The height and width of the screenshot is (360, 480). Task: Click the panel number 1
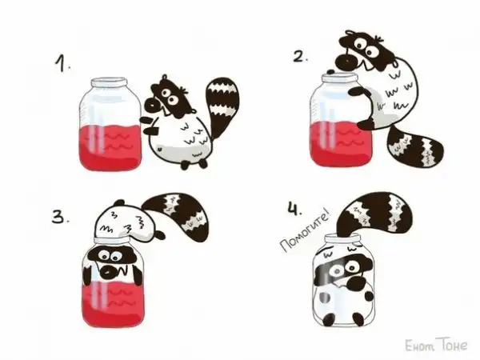click(62, 63)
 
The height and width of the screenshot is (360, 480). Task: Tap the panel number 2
click(300, 56)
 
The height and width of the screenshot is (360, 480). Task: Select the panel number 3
click(60, 218)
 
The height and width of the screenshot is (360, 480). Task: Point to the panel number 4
click(294, 208)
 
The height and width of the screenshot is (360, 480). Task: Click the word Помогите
click(305, 233)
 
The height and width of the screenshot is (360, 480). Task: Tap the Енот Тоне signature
click(436, 345)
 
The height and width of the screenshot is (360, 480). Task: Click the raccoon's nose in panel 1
click(151, 105)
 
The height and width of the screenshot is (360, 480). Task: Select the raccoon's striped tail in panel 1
click(221, 103)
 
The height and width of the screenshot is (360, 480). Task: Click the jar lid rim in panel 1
click(109, 82)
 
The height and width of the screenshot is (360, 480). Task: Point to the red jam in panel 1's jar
click(110, 147)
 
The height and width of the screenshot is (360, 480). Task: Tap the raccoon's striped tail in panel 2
click(415, 146)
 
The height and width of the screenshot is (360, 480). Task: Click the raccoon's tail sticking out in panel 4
click(374, 214)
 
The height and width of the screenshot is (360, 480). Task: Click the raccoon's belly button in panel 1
click(159, 150)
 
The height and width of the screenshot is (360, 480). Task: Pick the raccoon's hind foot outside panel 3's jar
click(159, 235)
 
